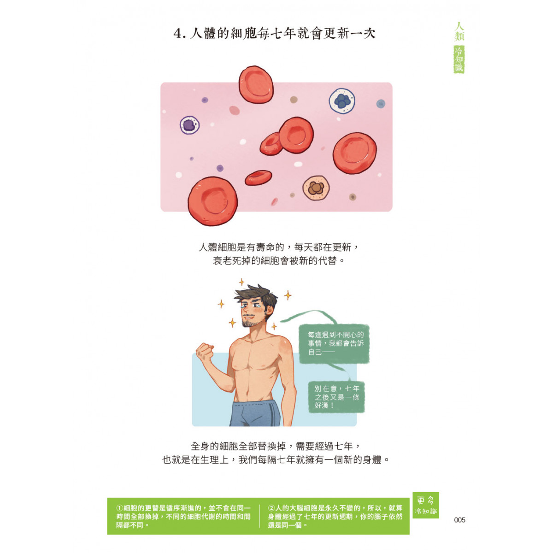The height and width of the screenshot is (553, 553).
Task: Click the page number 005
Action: [x=459, y=520]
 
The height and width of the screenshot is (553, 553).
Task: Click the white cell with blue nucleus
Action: [x=342, y=101]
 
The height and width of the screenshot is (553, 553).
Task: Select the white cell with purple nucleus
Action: [x=190, y=125]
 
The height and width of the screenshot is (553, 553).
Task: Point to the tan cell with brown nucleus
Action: [x=316, y=188]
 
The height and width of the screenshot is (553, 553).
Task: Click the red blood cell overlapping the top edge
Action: [x=256, y=85]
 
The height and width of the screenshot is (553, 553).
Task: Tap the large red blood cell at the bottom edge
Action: [x=212, y=201]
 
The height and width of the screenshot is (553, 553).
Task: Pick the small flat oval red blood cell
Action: [x=258, y=177]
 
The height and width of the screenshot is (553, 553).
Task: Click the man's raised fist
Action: [x=205, y=353]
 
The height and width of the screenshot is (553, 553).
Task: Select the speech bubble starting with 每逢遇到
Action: [x=334, y=343]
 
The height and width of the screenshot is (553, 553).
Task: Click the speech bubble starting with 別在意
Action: [x=336, y=397]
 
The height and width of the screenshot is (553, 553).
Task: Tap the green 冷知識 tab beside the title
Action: [x=459, y=59]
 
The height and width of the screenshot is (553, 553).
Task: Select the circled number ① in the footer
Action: [x=120, y=508]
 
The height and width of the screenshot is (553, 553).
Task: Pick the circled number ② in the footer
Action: [x=271, y=508]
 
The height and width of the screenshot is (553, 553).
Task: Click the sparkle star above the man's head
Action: [x=241, y=282]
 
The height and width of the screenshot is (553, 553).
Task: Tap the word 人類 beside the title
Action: [x=459, y=32]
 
